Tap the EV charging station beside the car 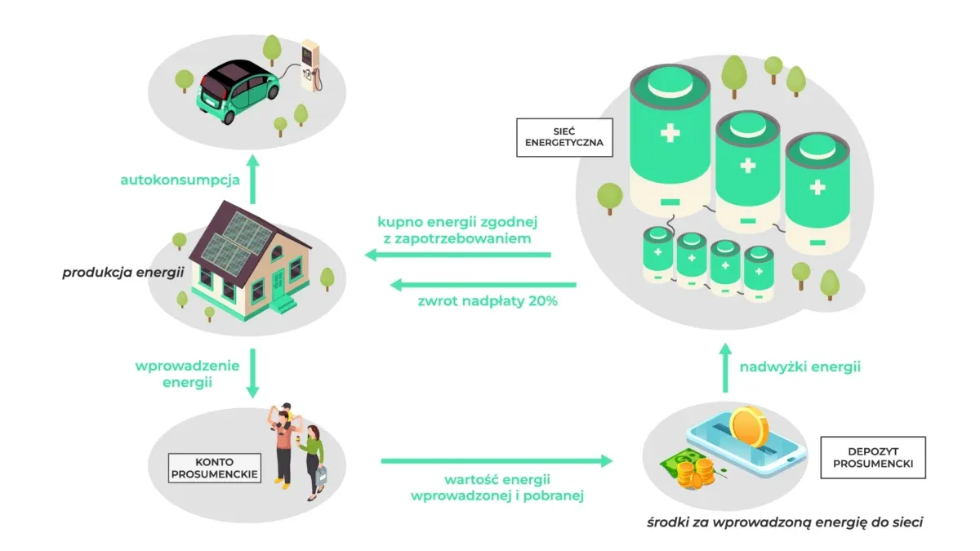(x=308, y=64)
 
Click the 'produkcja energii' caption (x=122, y=272)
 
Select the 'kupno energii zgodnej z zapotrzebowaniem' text (x=458, y=230)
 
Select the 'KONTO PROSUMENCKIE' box (x=214, y=467)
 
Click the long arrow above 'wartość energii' (x=497, y=461)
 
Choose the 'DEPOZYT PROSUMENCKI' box (x=872, y=457)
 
